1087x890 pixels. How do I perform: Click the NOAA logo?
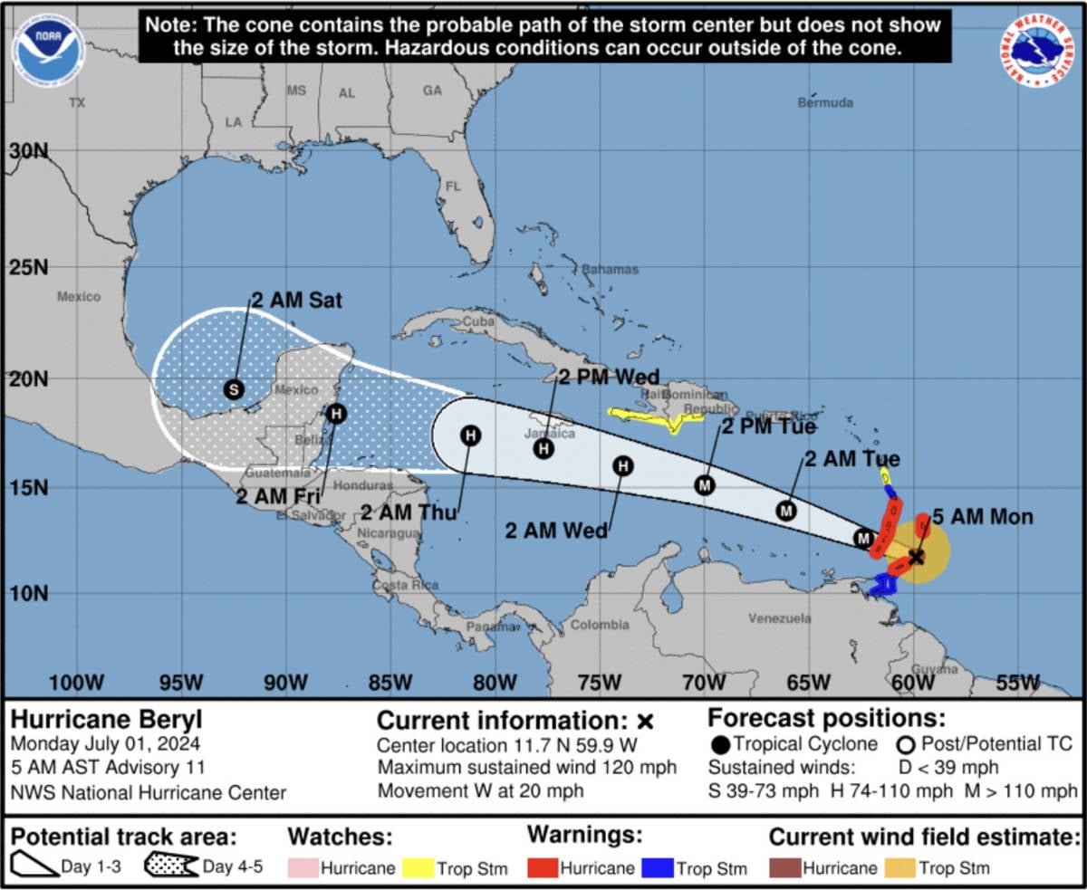[48, 51]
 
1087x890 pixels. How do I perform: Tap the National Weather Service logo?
[1038, 51]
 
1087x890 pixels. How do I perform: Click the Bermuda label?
[825, 103]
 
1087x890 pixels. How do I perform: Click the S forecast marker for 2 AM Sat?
[234, 389]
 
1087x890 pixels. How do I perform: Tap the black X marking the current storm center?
[917, 557]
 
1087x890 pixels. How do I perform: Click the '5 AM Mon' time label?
[982, 518]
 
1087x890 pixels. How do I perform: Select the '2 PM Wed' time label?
[608, 377]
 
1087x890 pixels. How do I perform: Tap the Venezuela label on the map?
[779, 619]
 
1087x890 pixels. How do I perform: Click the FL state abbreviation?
[453, 187]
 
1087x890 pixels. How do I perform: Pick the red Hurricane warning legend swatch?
[541, 868]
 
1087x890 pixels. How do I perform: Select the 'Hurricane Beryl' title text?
[106, 721]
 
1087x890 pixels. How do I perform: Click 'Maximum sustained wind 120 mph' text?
[527, 768]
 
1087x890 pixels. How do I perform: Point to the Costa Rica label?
[405, 586]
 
